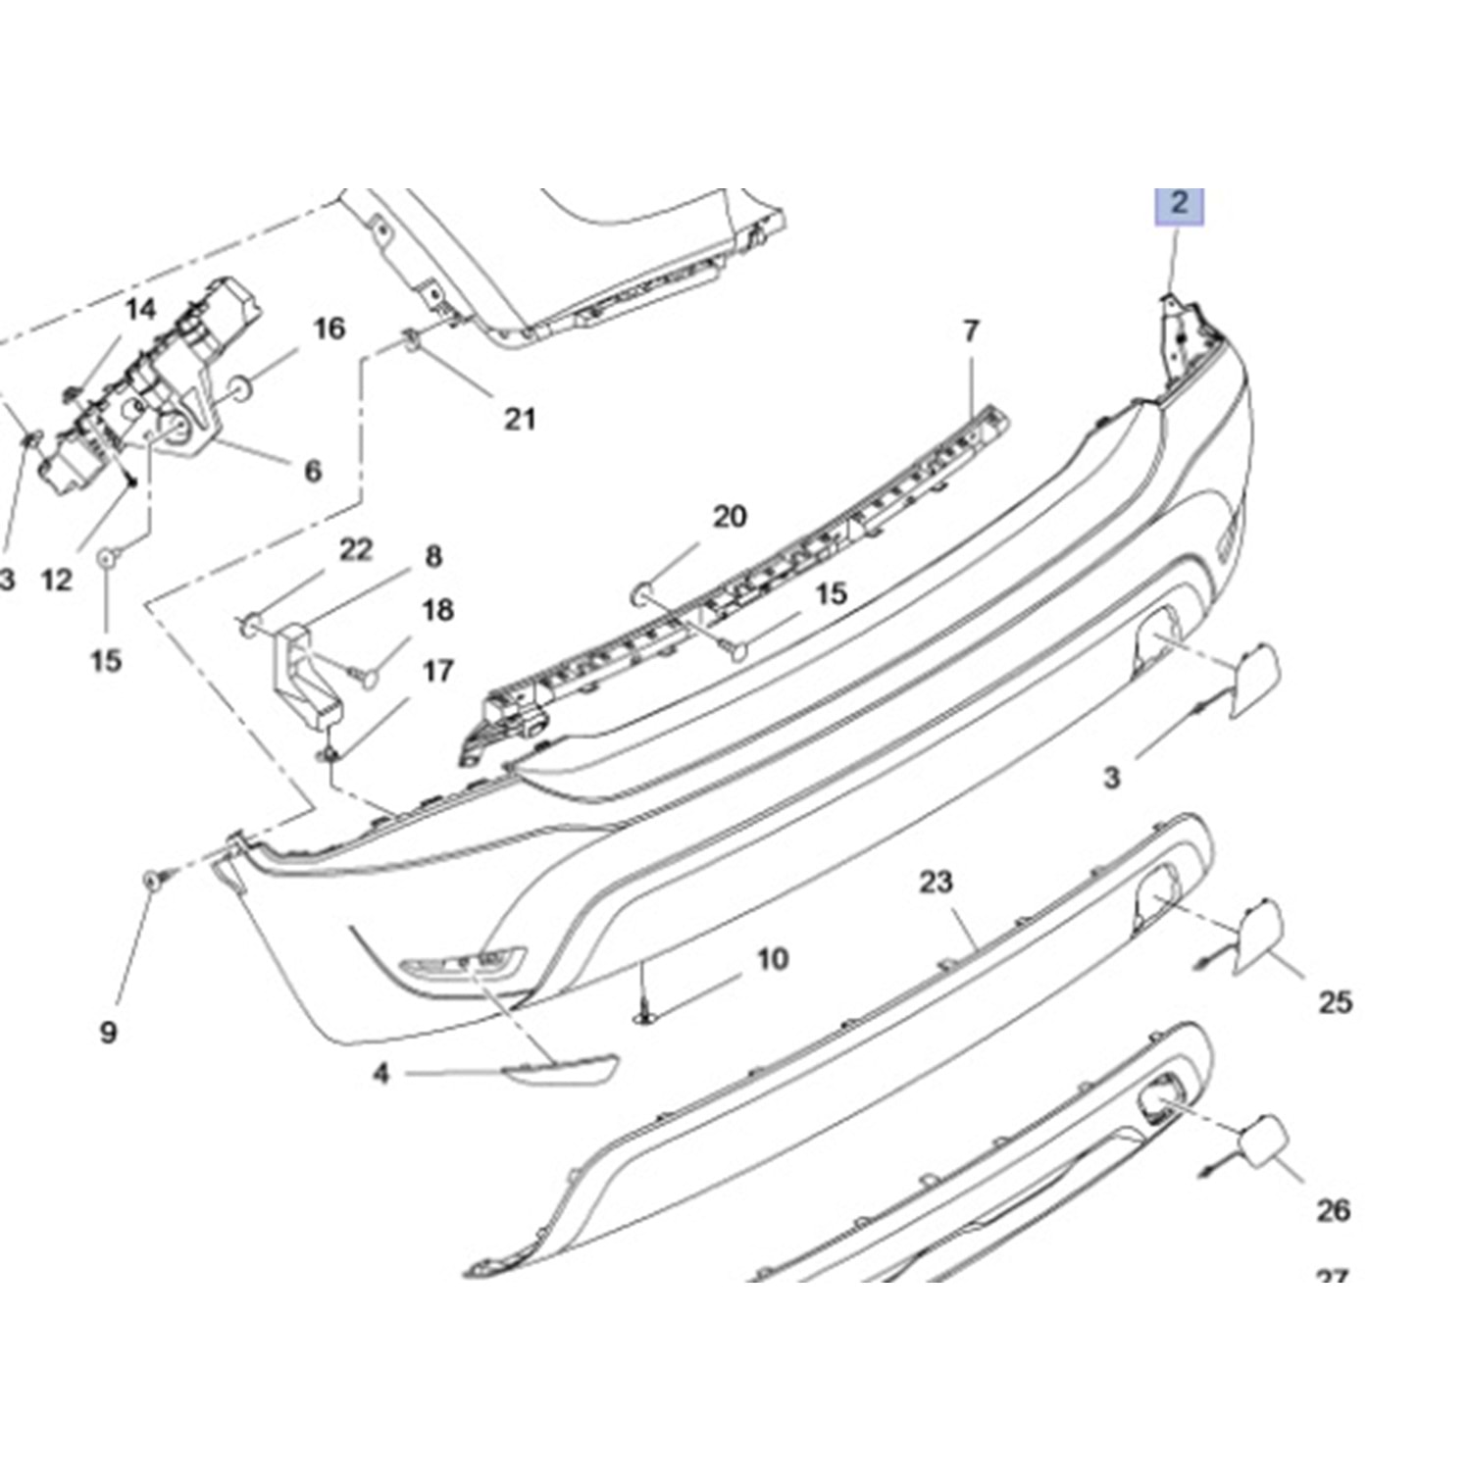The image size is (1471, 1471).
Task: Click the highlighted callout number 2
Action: (x=1179, y=205)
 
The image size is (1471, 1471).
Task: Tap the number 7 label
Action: (x=971, y=331)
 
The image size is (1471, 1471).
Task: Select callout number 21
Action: (x=520, y=419)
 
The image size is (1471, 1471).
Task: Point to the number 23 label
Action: (x=936, y=882)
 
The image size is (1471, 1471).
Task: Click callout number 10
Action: (x=773, y=958)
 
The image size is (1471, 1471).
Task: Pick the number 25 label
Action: (x=1335, y=1002)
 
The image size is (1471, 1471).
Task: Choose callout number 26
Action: (x=1334, y=1210)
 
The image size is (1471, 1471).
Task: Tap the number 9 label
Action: (x=108, y=1031)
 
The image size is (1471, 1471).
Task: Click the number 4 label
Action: (x=381, y=1074)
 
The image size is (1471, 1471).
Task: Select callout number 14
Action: (x=140, y=310)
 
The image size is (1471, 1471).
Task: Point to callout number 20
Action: (x=729, y=517)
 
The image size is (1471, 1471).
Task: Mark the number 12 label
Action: (x=58, y=580)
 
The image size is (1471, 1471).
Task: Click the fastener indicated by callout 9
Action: (x=153, y=880)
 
